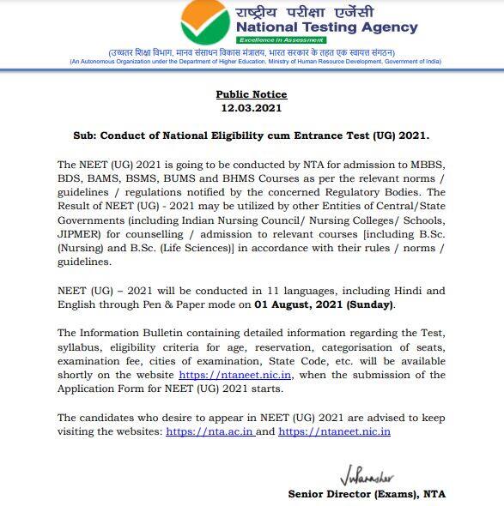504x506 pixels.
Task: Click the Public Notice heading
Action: (252, 94)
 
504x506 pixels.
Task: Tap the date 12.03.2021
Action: (252, 109)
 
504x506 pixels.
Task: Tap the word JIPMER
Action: (80, 232)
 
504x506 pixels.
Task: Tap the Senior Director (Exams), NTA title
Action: (367, 494)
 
